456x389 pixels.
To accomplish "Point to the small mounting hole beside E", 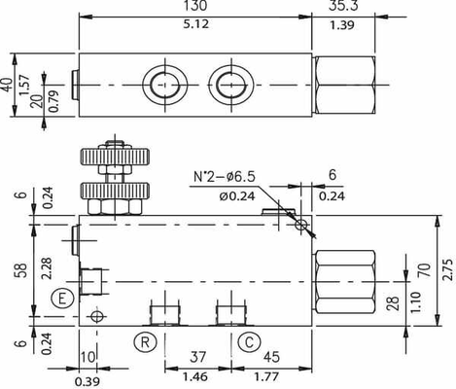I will (94, 317).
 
